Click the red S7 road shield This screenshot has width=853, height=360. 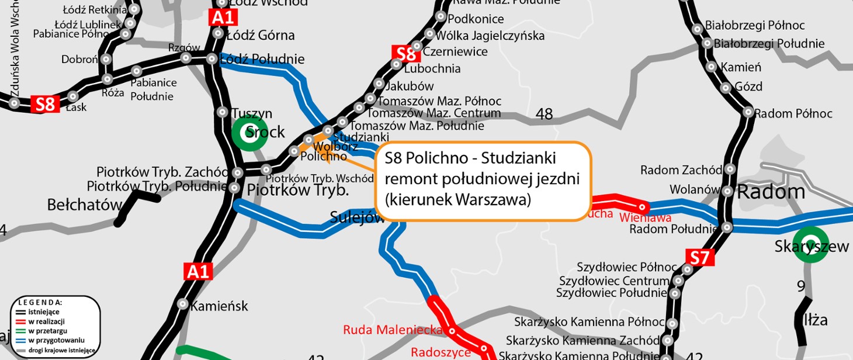point(700,257)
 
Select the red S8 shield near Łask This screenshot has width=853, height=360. point(45,105)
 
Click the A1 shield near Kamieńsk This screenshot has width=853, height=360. point(197,271)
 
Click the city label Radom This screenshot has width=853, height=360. point(771,191)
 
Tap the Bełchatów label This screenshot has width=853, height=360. point(85,205)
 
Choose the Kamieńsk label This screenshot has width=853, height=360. point(220,306)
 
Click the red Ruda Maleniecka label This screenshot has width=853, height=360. point(392,330)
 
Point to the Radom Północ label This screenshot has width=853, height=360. point(793,113)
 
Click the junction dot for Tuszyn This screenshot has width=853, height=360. point(222,112)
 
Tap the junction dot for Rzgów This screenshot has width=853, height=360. point(186,58)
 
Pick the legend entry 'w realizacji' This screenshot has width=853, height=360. point(46,321)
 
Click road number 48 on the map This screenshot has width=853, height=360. point(544,114)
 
